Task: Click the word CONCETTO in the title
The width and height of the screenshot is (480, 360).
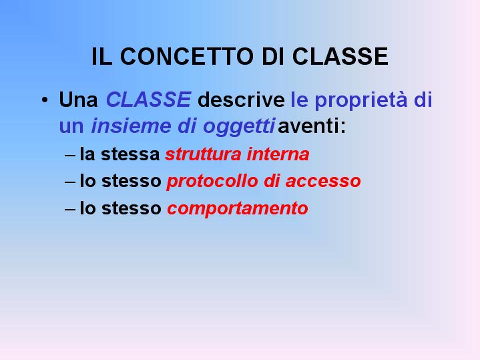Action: (x=187, y=56)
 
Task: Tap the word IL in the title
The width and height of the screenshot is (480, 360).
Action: (x=101, y=56)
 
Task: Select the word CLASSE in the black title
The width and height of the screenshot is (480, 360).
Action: (x=340, y=56)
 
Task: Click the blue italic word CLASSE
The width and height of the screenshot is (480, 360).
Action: (x=148, y=100)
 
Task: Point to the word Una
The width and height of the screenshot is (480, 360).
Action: (x=78, y=100)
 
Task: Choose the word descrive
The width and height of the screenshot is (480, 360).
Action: (x=241, y=100)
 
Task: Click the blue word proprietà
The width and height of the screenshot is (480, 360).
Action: (x=361, y=100)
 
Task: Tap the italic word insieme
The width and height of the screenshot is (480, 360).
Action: (x=131, y=126)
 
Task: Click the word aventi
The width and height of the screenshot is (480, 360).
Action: (x=312, y=126)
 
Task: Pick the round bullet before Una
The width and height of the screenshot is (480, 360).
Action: (x=45, y=100)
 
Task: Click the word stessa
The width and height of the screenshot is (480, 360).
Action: (x=130, y=154)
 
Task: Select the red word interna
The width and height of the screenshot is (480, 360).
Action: (x=278, y=154)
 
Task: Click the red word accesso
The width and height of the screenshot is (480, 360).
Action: (x=323, y=182)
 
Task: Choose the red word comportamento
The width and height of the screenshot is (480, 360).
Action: (x=238, y=209)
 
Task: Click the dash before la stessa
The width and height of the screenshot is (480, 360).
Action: (x=70, y=155)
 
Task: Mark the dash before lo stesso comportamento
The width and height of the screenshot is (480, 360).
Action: (x=70, y=210)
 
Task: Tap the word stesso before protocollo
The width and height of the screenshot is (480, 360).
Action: (x=132, y=181)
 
